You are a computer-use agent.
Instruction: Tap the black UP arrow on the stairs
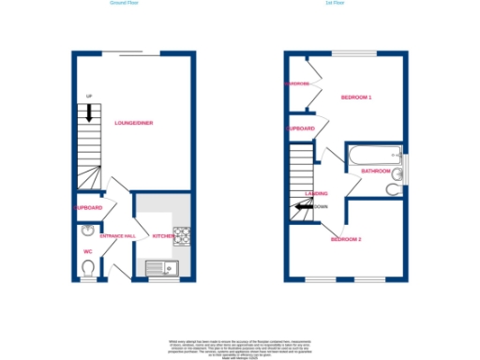pos(89,113)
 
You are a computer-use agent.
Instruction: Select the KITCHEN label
pos(164,236)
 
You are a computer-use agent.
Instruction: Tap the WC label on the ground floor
pos(86,250)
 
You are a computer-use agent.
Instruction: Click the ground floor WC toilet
pos(87,269)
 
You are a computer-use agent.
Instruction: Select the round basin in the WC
pos(86,231)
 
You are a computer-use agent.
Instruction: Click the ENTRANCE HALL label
pos(118,236)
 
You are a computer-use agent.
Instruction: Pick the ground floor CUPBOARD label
pos(87,207)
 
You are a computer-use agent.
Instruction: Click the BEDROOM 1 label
pos(356,97)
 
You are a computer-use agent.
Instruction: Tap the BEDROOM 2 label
pos(346,239)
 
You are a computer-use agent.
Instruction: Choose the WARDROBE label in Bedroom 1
pos(299,83)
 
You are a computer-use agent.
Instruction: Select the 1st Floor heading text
pos(334,4)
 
